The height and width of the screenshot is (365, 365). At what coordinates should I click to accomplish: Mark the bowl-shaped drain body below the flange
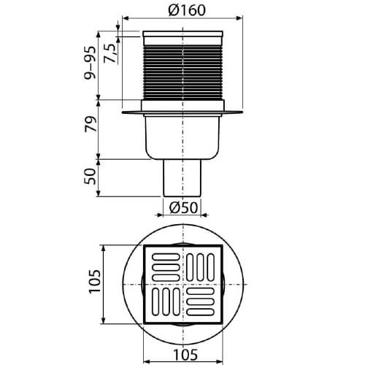point(182,139)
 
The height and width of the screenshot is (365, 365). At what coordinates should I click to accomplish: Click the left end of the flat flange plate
point(126,112)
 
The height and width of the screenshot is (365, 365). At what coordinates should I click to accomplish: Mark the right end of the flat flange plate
point(240,112)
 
